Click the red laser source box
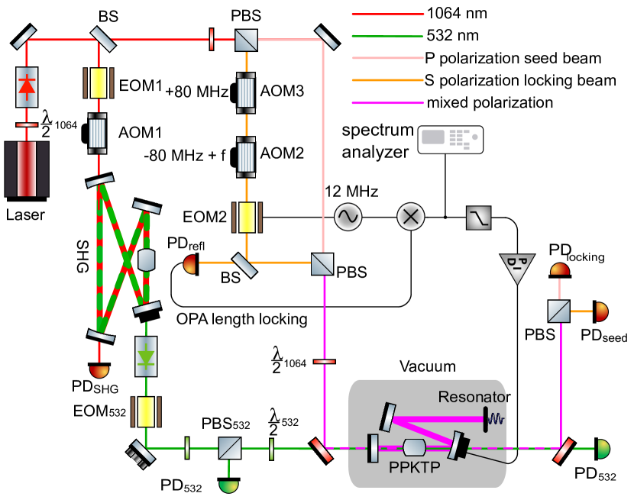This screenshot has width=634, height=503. tap(27, 169)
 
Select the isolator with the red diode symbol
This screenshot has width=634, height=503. tap(27, 86)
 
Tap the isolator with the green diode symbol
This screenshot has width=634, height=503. tap(146, 356)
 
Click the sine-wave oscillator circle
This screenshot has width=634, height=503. tap(348, 217)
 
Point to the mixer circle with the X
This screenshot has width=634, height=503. tap(410, 217)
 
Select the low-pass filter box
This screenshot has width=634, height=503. tap(479, 218)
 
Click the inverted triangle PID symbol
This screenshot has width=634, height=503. tap(517, 267)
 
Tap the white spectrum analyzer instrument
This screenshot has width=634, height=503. tap(450, 139)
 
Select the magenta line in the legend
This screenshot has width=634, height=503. tap(387, 102)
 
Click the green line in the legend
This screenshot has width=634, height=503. tap(387, 36)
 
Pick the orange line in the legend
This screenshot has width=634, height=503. tap(387, 79)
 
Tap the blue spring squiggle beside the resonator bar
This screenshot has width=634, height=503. tap(497, 419)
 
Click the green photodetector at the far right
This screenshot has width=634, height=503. tap(603, 449)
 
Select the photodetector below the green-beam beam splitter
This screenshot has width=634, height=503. tap(228, 485)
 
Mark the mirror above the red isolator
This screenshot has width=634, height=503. tap(24, 35)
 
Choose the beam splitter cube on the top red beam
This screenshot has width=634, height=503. tap(246, 40)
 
